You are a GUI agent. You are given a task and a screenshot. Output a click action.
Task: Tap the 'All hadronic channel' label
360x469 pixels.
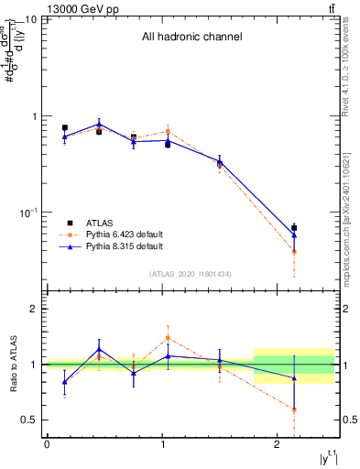pyautogui.click(x=191, y=38)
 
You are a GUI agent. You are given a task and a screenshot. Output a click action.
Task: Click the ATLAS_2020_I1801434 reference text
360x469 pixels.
pyautogui.click(x=191, y=275)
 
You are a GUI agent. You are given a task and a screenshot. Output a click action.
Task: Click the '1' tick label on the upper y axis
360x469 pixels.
pyautogui.click(x=34, y=117)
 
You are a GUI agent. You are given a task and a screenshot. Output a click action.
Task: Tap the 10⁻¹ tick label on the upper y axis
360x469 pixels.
pyautogui.click(x=28, y=213)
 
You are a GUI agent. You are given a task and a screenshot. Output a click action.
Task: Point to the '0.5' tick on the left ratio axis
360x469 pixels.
pyautogui.click(x=29, y=420)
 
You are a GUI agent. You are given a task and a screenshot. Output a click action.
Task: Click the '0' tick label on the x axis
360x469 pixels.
pyautogui.click(x=47, y=445)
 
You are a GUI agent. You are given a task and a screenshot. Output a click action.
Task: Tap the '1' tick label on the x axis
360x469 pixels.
pyautogui.click(x=161, y=445)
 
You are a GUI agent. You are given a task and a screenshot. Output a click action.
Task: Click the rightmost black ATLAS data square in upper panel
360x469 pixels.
pyautogui.click(x=294, y=228)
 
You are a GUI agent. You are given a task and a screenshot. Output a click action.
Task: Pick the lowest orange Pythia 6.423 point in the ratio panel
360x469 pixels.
pyautogui.click(x=294, y=409)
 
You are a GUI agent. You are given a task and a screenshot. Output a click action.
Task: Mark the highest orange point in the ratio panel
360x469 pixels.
pyautogui.click(x=168, y=337)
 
